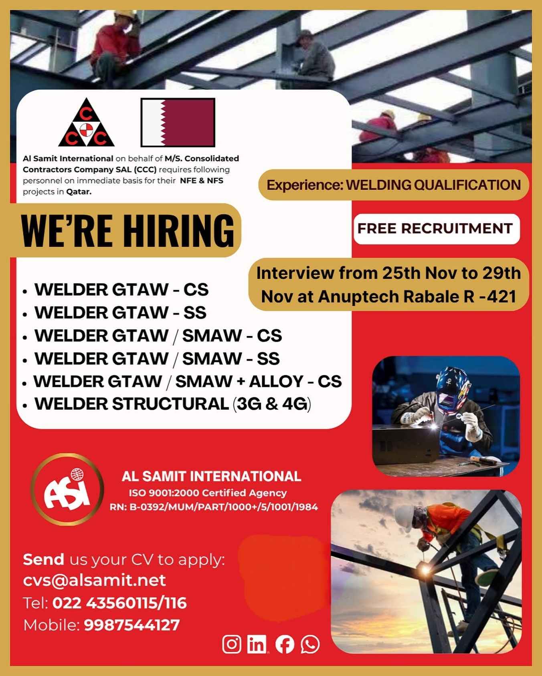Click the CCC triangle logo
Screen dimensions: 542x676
pyautogui.click(x=86, y=123)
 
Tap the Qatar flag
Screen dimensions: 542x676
pyautogui.click(x=178, y=123)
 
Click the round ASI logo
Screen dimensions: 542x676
pyautogui.click(x=67, y=489)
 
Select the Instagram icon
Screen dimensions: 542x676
pyautogui.click(x=232, y=644)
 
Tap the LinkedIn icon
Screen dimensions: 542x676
pyautogui.click(x=257, y=644)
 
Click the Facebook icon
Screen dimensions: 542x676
pyautogui.click(x=285, y=644)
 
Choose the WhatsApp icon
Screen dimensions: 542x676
pyautogui.click(x=310, y=644)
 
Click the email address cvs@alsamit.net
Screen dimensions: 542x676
pyautogui.click(x=95, y=580)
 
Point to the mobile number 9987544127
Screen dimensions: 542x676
pyautogui.click(x=132, y=625)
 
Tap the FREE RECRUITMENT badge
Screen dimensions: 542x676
pyautogui.click(x=436, y=229)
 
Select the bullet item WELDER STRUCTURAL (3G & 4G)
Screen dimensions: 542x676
pyautogui.click(x=173, y=404)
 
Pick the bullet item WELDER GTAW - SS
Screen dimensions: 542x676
pyautogui.click(x=120, y=313)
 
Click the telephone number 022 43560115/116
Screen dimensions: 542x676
pyautogui.click(x=119, y=603)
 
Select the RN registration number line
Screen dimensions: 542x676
pyautogui.click(x=214, y=507)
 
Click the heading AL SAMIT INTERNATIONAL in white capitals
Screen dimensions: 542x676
pyautogui.click(x=211, y=476)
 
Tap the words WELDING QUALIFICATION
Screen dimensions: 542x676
pyautogui.click(x=433, y=185)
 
